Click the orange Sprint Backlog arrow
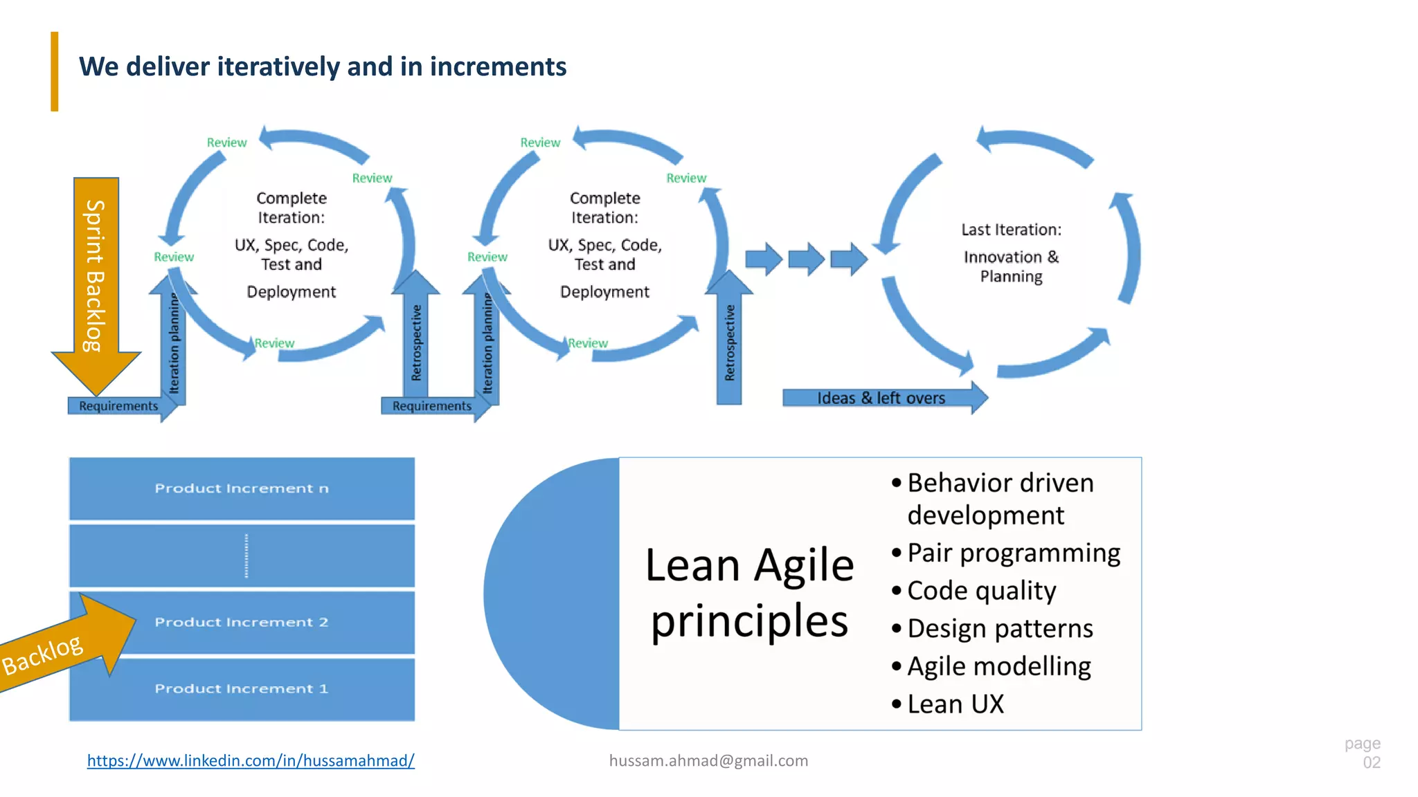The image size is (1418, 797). coord(96,277)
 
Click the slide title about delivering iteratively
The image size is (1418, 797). coord(323,67)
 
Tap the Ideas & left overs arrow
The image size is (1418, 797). coord(881,398)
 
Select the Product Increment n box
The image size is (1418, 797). coord(242,488)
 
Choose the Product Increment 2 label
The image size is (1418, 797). coord(242,622)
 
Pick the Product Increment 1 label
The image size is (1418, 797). coord(242,689)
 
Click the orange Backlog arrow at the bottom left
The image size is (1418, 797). coord(62,647)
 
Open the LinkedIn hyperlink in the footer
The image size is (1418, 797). coord(251,760)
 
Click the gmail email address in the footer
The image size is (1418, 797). coord(708,760)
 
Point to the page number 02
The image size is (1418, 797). coord(1371,762)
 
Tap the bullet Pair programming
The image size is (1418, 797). coord(1013,553)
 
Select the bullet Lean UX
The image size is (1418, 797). coord(955,704)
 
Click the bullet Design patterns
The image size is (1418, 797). coord(1000,629)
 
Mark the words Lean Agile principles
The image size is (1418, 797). coord(749,593)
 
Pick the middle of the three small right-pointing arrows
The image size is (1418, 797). coord(807,259)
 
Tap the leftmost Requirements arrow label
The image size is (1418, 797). coord(118,406)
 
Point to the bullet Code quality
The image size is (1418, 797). coord(981,591)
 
